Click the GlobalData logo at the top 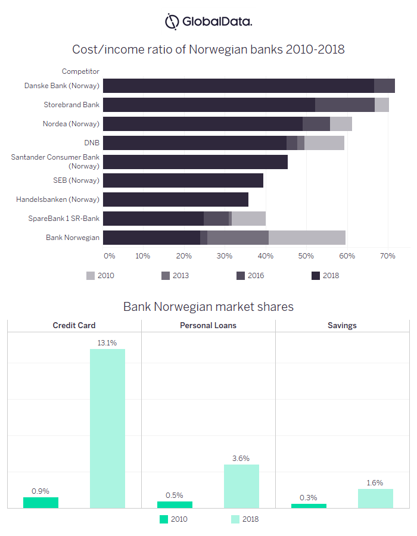(x=208, y=21)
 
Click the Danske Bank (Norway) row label (x=61, y=86)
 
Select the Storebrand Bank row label (x=71, y=105)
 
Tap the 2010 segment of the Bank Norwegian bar (x=307, y=238)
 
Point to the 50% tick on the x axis (x=306, y=256)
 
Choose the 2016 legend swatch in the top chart (x=241, y=276)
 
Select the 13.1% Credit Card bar (x=107, y=428)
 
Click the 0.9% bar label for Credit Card (x=41, y=491)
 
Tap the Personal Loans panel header (x=208, y=326)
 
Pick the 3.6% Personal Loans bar (x=241, y=486)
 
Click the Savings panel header (x=342, y=326)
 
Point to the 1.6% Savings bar (x=375, y=498)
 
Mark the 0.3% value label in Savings (x=309, y=498)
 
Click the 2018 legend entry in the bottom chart (x=244, y=519)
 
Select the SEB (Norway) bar (x=183, y=180)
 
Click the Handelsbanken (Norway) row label (x=58, y=200)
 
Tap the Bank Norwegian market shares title (x=208, y=307)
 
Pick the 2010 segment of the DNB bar (x=324, y=143)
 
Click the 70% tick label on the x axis (x=388, y=256)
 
